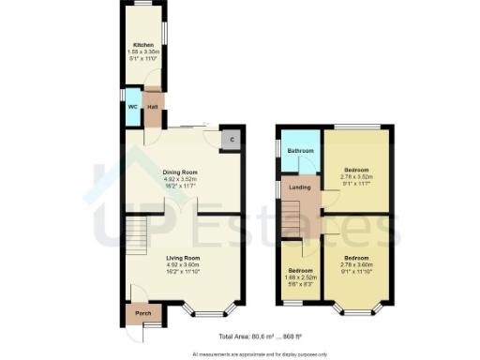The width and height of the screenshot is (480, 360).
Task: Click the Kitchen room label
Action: (142, 44)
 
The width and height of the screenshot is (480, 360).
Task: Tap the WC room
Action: (133, 107)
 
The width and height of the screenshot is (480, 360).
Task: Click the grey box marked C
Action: (232, 140)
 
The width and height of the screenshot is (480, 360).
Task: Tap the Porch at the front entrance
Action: (143, 313)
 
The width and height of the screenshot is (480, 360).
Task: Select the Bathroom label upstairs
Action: (300, 151)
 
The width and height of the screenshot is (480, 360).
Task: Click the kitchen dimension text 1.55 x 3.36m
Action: (142, 52)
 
